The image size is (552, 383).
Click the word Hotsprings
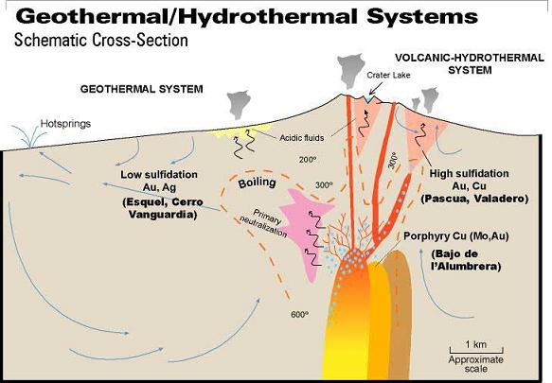(x=65, y=124)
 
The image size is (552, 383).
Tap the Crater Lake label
(x=388, y=75)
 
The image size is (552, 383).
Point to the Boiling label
(x=257, y=183)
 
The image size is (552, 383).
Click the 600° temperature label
(x=300, y=314)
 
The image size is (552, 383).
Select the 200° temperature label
(x=308, y=160)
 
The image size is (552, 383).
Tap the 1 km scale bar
(x=476, y=350)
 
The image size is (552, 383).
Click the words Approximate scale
(x=476, y=364)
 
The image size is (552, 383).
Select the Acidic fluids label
(x=302, y=138)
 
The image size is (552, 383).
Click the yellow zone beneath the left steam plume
(x=240, y=131)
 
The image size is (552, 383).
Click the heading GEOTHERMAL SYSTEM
(x=141, y=89)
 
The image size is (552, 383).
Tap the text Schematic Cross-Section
(x=101, y=40)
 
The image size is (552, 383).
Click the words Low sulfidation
(x=159, y=174)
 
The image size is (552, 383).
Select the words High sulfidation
(x=470, y=173)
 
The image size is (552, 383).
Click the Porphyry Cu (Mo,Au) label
(x=456, y=236)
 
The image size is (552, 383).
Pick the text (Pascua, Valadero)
(x=474, y=199)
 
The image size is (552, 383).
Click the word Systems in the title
(x=422, y=16)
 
